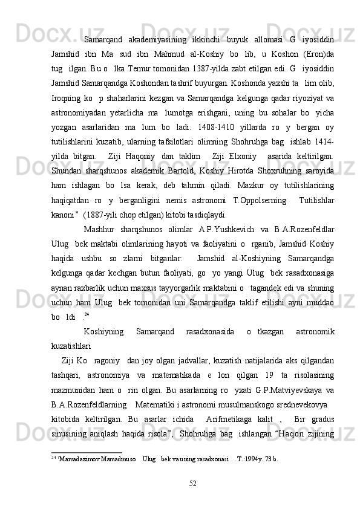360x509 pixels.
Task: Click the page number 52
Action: click(192, 498)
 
